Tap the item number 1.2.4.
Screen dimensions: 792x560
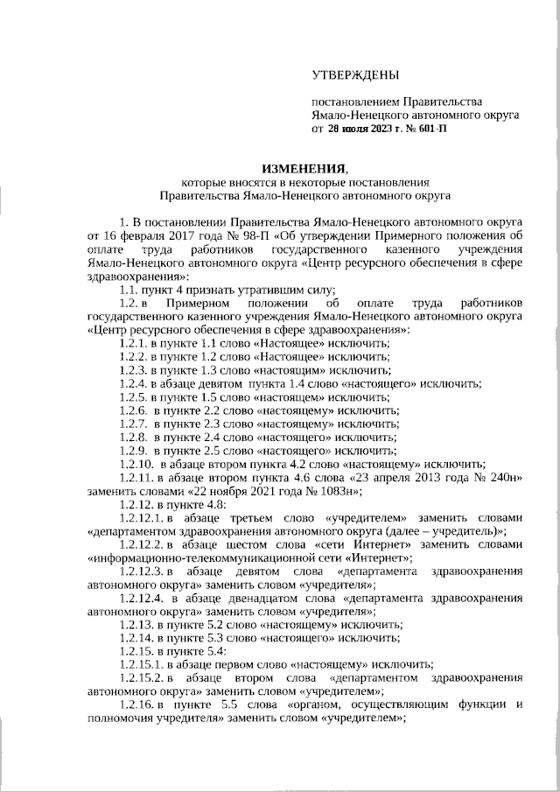(131, 382)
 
